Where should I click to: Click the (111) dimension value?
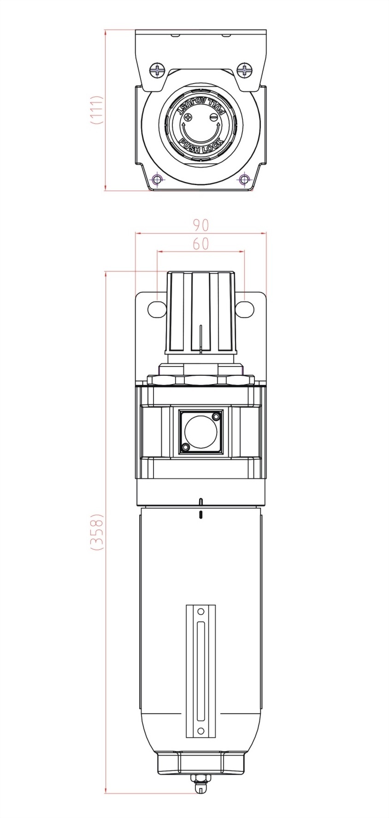tap(96, 110)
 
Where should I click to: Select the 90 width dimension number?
tap(200, 225)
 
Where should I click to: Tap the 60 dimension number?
tap(200, 243)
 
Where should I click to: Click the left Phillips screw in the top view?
tap(157, 71)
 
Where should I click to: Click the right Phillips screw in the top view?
tap(244, 71)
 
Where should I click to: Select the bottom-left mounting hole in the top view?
tap(157, 179)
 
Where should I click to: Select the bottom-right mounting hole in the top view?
tap(244, 179)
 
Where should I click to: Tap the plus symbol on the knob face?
tap(188, 117)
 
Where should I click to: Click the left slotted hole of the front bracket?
tap(157, 309)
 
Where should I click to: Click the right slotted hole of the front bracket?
tap(244, 309)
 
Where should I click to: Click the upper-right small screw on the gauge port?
tap(215, 416)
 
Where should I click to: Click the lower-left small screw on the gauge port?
tap(185, 447)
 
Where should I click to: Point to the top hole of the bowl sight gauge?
tap(200, 612)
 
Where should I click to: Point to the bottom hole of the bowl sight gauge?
tap(200, 731)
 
